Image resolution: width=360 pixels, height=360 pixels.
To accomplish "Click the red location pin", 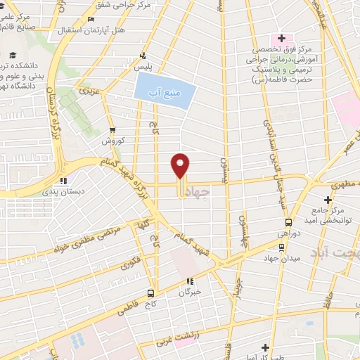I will coord(181,167).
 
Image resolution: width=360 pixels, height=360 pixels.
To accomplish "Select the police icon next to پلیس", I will coord(143,56).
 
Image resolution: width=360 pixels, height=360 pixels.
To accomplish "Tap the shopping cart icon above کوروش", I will coord(112,130).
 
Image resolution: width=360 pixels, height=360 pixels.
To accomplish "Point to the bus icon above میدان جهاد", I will coord(282,247).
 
